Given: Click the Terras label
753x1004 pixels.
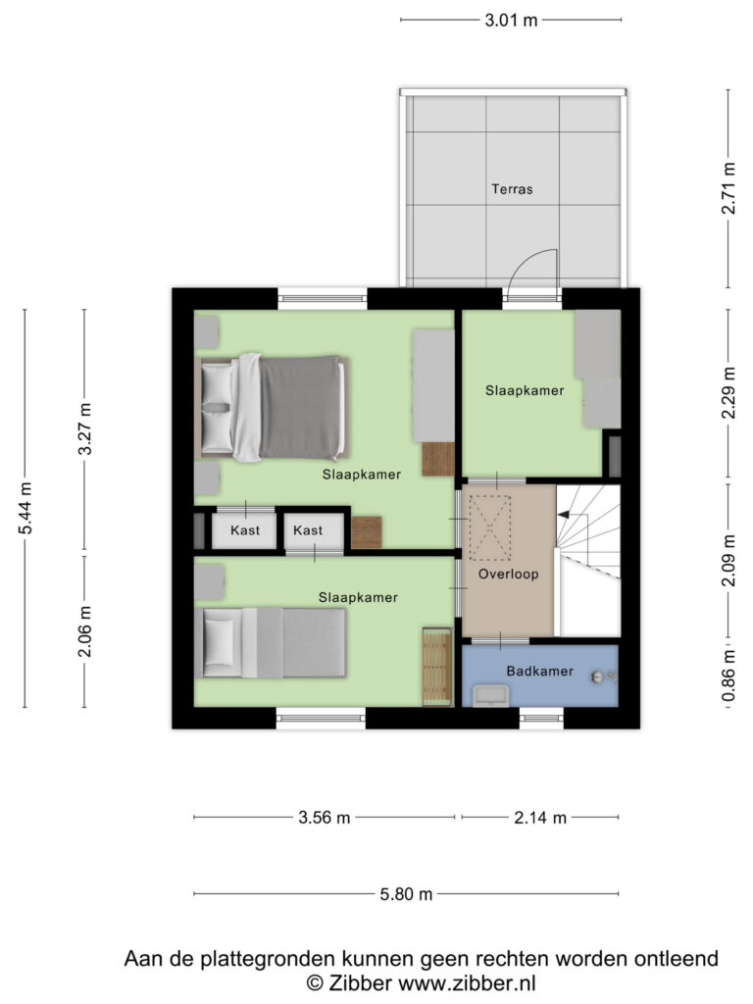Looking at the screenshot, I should point(512,189).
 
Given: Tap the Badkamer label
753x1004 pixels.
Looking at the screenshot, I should point(538,671).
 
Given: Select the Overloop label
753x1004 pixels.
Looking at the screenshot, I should point(508,575).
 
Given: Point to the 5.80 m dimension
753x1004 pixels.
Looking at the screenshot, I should point(406,893).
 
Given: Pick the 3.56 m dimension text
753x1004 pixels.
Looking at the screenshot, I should point(324,817).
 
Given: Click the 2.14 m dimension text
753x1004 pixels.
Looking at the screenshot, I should point(539,817).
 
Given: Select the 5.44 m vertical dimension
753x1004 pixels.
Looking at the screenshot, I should point(25,508).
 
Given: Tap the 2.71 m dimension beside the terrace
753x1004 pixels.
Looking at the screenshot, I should point(728,189).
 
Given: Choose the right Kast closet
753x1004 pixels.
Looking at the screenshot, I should point(308,530).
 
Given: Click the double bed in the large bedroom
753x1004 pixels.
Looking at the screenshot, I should point(274,407).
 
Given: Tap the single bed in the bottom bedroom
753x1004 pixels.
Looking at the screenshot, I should point(274,643).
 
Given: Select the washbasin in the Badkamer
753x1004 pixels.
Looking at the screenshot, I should point(489,695).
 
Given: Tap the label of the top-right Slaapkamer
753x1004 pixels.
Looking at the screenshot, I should point(525,390).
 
